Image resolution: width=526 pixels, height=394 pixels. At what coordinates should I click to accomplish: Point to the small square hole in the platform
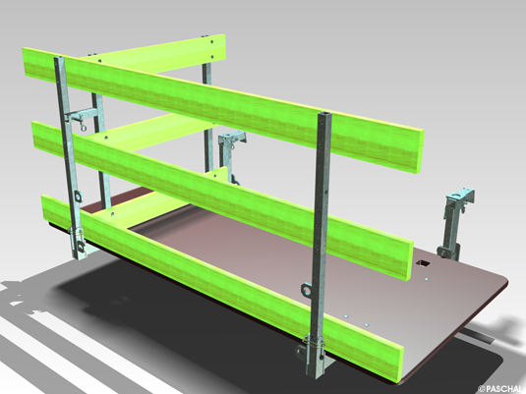coord(424,264)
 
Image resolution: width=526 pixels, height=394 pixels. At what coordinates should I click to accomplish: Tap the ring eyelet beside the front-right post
coord(306,289)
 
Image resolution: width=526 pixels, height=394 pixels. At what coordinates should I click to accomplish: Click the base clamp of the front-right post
coord(316,350)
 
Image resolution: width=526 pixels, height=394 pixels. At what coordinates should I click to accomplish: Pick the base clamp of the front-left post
coord(76,239)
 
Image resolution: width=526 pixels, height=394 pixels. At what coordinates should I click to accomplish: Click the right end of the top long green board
coord(417,148)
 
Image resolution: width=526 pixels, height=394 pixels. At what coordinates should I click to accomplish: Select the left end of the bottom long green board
coord(45,207)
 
